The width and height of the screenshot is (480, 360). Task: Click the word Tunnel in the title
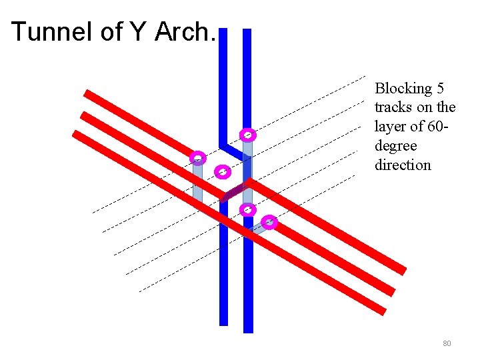pyautogui.click(x=52, y=31)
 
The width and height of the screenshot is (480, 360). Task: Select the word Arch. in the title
pyautogui.click(x=185, y=31)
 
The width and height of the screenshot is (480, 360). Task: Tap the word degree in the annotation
pyautogui.click(x=395, y=145)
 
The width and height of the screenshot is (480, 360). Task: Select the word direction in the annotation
pyautogui.click(x=403, y=165)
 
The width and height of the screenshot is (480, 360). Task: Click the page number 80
pyautogui.click(x=447, y=343)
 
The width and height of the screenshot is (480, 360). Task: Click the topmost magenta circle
pyautogui.click(x=247, y=134)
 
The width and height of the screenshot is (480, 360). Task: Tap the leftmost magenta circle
pyautogui.click(x=197, y=158)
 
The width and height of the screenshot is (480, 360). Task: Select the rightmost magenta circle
pyautogui.click(x=269, y=222)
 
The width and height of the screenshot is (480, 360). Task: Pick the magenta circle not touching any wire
pyautogui.click(x=223, y=172)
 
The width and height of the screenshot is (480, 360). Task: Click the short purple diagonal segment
pyautogui.click(x=235, y=191)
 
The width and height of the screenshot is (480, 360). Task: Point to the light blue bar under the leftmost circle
pyautogui.click(x=197, y=181)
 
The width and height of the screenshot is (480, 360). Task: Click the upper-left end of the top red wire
pyautogui.click(x=87, y=93)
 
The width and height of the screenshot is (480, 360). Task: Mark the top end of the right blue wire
pyautogui.click(x=247, y=32)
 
